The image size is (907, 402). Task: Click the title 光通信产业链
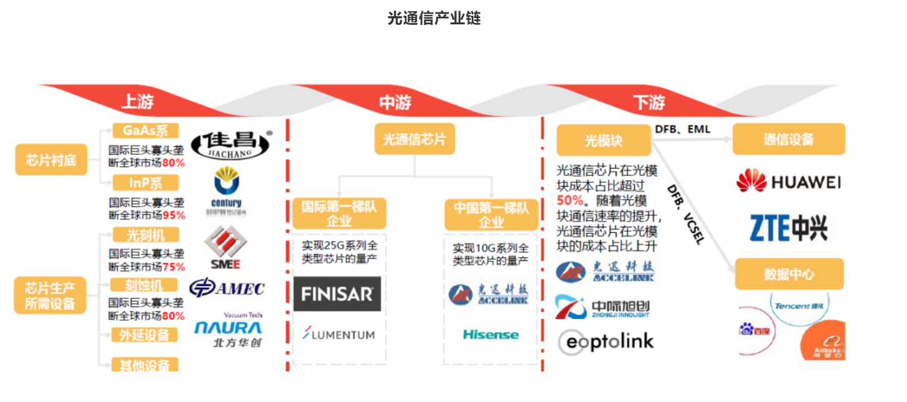coord(434,18)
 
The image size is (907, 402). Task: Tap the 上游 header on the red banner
coord(137,102)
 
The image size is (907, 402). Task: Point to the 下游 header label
coord(649,102)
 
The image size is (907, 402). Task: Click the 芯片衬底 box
coord(51,159)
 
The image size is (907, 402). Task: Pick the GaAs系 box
coord(145,131)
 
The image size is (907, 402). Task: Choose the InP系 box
coord(145,183)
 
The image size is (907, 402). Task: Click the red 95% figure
coord(174,215)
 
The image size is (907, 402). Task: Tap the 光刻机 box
coord(145,235)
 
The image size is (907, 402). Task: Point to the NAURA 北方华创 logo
coord(228,331)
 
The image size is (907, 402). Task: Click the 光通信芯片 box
coord(414,139)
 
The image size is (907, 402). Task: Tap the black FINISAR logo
coord(337,294)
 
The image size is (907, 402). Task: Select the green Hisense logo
coord(491,335)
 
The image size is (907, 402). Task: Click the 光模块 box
coord(603,140)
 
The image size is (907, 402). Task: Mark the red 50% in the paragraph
coord(570,201)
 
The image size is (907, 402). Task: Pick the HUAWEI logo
coord(788,182)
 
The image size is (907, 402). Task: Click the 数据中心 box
coord(789,274)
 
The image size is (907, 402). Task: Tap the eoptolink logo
coord(605,341)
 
